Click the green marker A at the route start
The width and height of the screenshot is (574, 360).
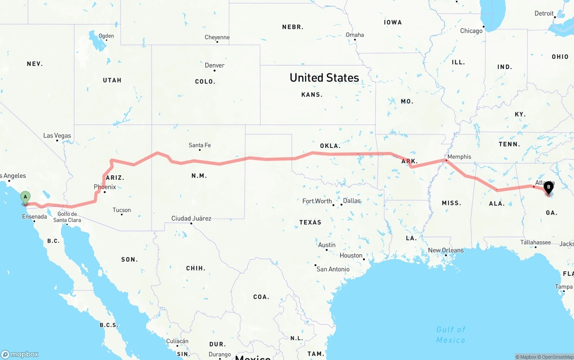pos(26,197)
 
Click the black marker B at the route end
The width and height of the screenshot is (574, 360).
pos(548,187)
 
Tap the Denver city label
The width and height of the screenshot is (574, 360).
pos(214,65)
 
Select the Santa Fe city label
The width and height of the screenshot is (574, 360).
pos(200,145)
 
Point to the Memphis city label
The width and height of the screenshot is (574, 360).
pos(459,157)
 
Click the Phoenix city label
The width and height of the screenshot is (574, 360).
pos(104,187)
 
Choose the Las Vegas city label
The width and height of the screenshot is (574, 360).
pos(57,136)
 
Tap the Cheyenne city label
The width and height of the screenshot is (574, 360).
pos(217,38)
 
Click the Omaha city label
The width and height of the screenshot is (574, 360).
pos(355,35)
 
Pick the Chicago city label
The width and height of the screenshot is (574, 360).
pos(471,31)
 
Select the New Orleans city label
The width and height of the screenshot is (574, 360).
pos(446,251)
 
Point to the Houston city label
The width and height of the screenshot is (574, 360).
pos(351,256)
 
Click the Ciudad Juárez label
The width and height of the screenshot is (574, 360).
pos(191,219)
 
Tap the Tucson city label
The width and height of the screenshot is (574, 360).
pos(122,210)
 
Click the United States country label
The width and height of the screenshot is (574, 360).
pos(324,78)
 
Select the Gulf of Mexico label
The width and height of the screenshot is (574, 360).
pos(451,335)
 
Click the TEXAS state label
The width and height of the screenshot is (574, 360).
pos(310,222)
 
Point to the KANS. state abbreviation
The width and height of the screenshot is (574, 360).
pos(312,95)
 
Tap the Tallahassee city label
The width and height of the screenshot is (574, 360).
pos(535,243)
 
